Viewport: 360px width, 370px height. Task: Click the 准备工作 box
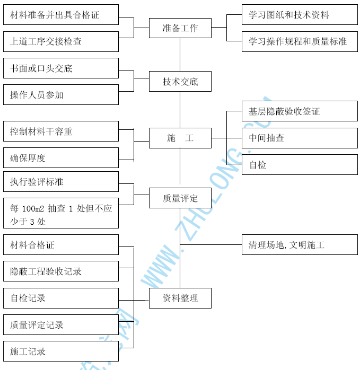point(180,28)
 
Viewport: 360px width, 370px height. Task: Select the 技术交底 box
point(180,82)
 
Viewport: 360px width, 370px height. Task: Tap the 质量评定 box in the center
point(180,198)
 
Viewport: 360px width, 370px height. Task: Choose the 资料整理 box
point(180,298)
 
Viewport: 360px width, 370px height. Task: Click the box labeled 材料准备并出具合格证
point(61,15)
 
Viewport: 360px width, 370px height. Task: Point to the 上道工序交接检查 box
point(61,41)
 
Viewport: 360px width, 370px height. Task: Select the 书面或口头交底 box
point(61,68)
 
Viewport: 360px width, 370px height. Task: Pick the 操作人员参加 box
point(61,95)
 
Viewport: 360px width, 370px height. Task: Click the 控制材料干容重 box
point(61,131)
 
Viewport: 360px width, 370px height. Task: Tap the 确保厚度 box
point(61,157)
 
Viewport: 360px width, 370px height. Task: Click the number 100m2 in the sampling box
point(33,209)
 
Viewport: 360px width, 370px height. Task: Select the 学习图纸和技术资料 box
point(300,15)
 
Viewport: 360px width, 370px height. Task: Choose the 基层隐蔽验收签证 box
point(300,111)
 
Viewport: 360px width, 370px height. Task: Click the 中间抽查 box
point(300,138)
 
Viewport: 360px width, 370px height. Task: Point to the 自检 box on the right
point(300,165)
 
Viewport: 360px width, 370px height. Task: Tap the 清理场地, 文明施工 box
point(300,245)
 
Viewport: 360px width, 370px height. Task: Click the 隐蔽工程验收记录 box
point(61,271)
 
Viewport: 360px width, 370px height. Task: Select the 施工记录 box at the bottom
point(61,351)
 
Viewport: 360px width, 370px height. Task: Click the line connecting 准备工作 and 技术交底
point(180,55)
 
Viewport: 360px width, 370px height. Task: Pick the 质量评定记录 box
point(61,325)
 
